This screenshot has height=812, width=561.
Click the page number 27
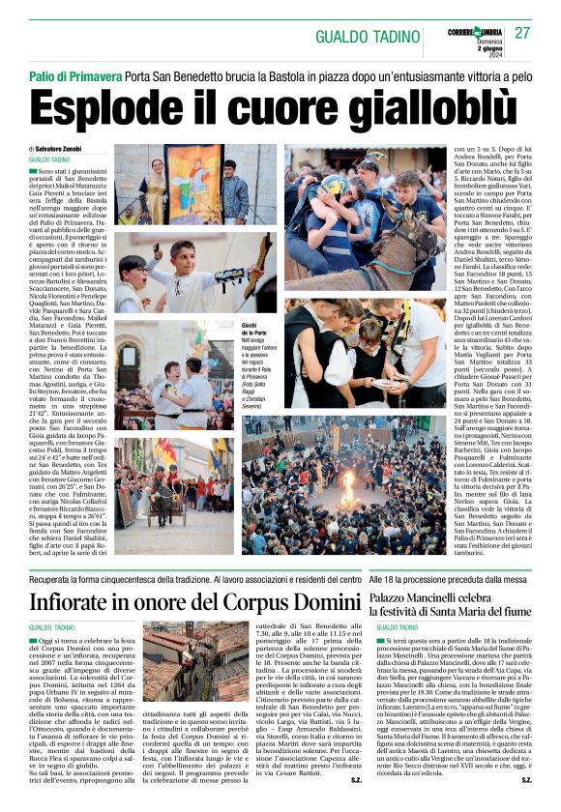(523, 34)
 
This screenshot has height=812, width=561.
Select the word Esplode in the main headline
(105, 108)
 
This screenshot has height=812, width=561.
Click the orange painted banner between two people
(192, 182)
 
